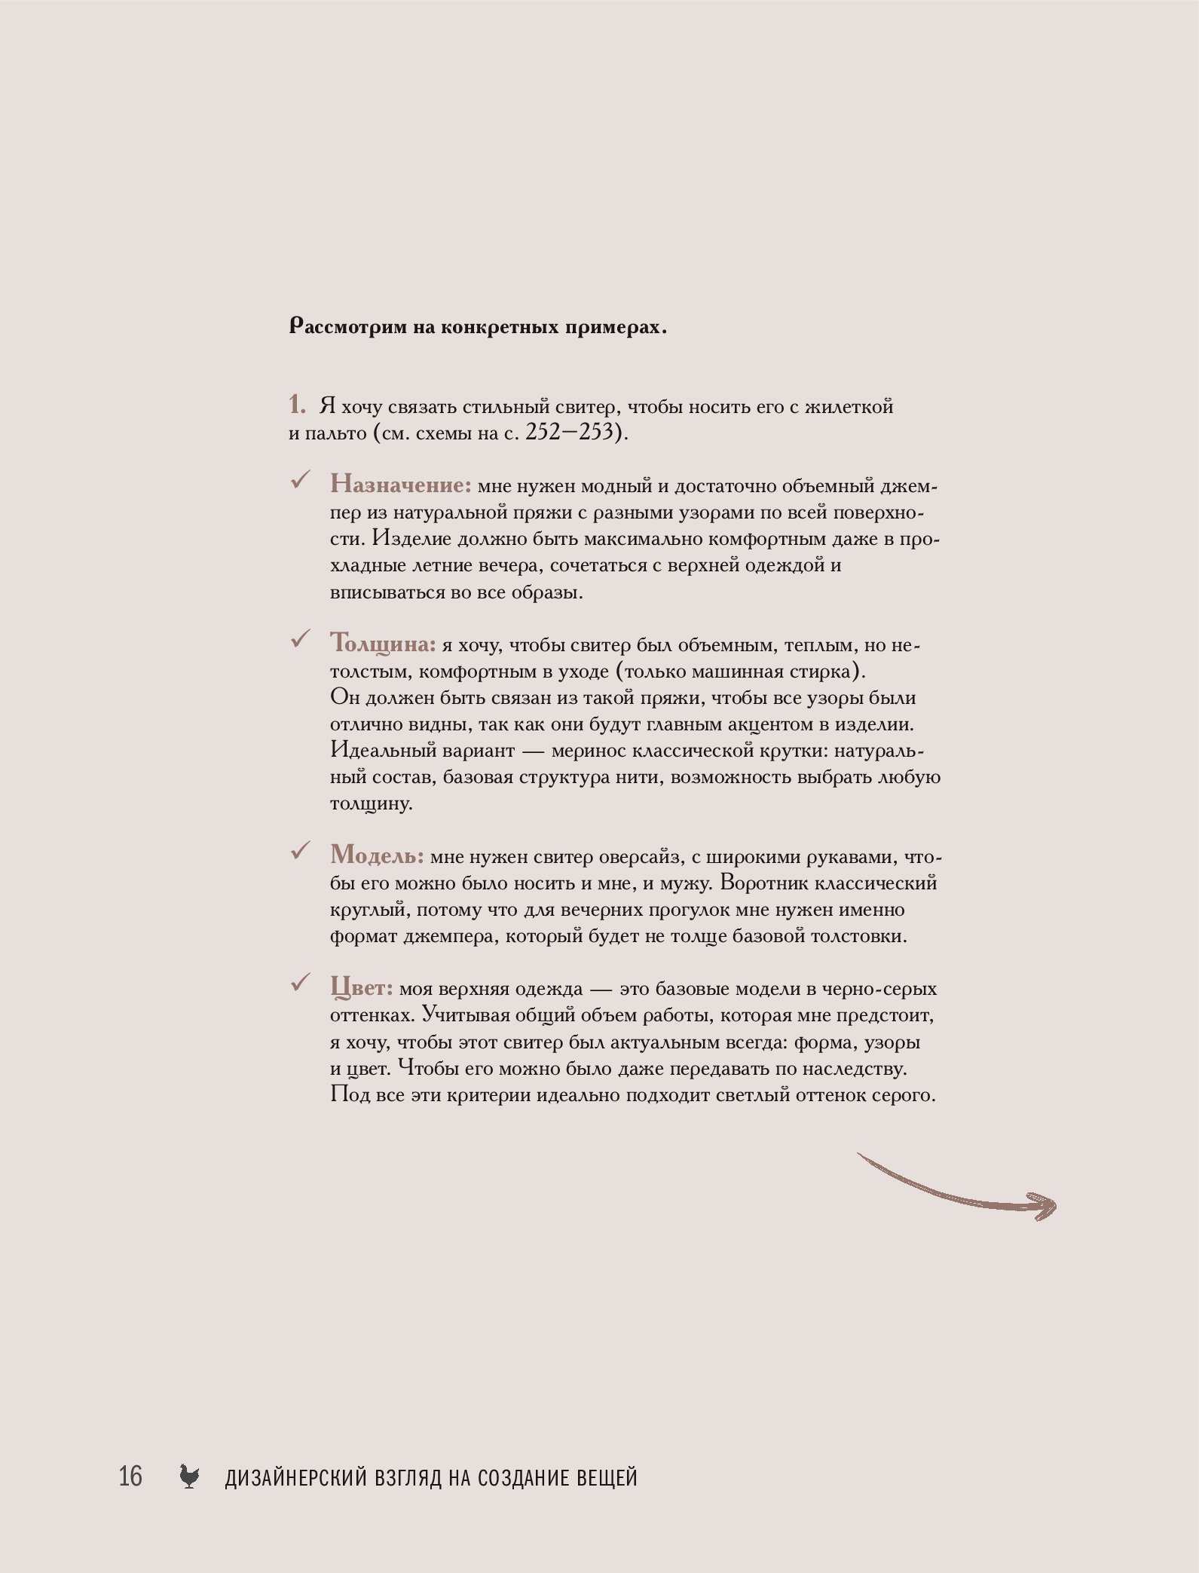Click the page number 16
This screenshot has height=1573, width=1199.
click(130, 1475)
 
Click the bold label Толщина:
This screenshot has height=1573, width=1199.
click(383, 644)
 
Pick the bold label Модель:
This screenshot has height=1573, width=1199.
click(377, 855)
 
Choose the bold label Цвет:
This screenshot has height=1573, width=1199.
click(362, 987)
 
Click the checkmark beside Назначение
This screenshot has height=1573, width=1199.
click(301, 480)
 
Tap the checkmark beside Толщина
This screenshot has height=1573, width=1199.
click(301, 640)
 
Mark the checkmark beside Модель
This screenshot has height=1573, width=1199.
click(301, 852)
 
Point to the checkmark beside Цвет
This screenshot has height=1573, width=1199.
click(301, 983)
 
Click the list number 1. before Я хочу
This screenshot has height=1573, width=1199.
click(297, 405)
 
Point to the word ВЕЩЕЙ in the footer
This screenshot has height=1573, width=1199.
click(607, 1477)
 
